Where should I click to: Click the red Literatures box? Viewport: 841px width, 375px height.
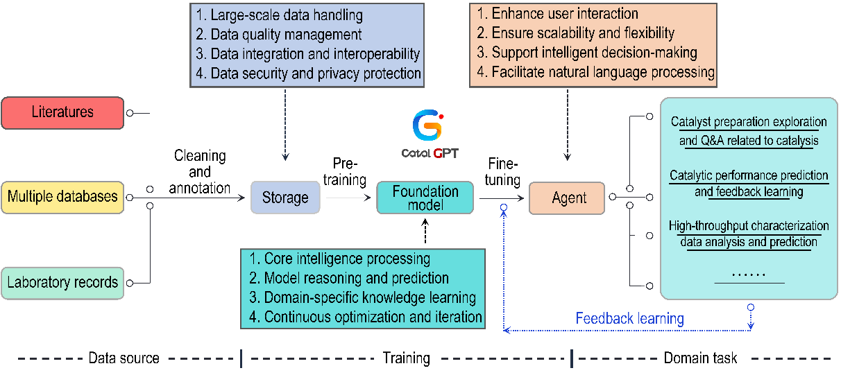[x=62, y=112]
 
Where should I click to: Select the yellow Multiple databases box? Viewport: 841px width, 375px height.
[x=62, y=197]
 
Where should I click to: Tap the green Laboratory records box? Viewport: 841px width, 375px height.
[x=62, y=283]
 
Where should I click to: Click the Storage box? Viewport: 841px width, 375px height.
[x=285, y=198]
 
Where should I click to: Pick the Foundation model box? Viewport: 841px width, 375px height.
[x=425, y=198]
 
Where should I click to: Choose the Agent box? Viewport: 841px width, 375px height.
[x=567, y=198]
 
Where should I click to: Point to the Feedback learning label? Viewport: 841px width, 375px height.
[x=629, y=319]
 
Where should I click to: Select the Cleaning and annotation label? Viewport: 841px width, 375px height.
[x=200, y=171]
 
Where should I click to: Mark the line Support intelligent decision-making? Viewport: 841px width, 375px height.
[x=594, y=53]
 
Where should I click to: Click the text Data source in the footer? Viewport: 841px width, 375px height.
[x=124, y=358]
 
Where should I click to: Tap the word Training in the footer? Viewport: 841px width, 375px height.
[x=406, y=358]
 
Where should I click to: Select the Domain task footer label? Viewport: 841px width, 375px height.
[x=700, y=358]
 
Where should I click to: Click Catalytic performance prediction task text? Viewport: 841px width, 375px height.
[x=749, y=183]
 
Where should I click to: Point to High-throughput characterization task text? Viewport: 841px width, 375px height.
[x=749, y=234]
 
